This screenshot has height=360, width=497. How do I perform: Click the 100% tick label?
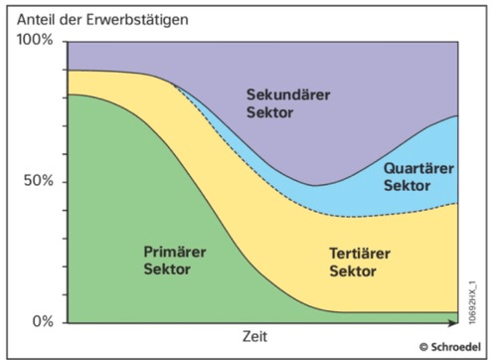pos(35,40)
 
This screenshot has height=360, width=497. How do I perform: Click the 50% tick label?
pos(39,181)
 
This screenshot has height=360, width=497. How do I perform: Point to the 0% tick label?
pos(43,321)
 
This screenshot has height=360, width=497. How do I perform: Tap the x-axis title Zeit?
pos(254,336)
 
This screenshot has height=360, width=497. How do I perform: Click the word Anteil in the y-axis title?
pos(37,20)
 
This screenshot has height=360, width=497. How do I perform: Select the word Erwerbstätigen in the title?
pos(137,20)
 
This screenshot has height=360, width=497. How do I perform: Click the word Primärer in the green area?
pos(175,252)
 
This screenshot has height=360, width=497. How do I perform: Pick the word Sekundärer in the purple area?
pos(288,94)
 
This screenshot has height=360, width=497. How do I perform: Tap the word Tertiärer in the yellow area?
pos(360,254)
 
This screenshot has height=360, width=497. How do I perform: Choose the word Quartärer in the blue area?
pos(418,168)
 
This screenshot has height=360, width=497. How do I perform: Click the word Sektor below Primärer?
pos(167,269)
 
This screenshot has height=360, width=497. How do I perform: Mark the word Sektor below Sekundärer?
pos(269,112)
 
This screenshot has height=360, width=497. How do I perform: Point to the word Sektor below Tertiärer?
pos(353,271)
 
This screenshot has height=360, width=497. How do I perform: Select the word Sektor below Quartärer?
pos(407,186)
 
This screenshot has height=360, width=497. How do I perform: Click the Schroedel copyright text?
pos(450,347)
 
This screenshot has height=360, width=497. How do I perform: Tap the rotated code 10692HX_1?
pos(473,302)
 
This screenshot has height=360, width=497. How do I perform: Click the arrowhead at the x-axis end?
pos(454,322)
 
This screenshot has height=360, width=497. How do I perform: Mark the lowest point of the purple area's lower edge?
pos(314,186)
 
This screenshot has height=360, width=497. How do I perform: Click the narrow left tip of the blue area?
pos(175,85)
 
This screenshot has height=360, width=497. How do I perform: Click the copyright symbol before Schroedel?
pos(423,347)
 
